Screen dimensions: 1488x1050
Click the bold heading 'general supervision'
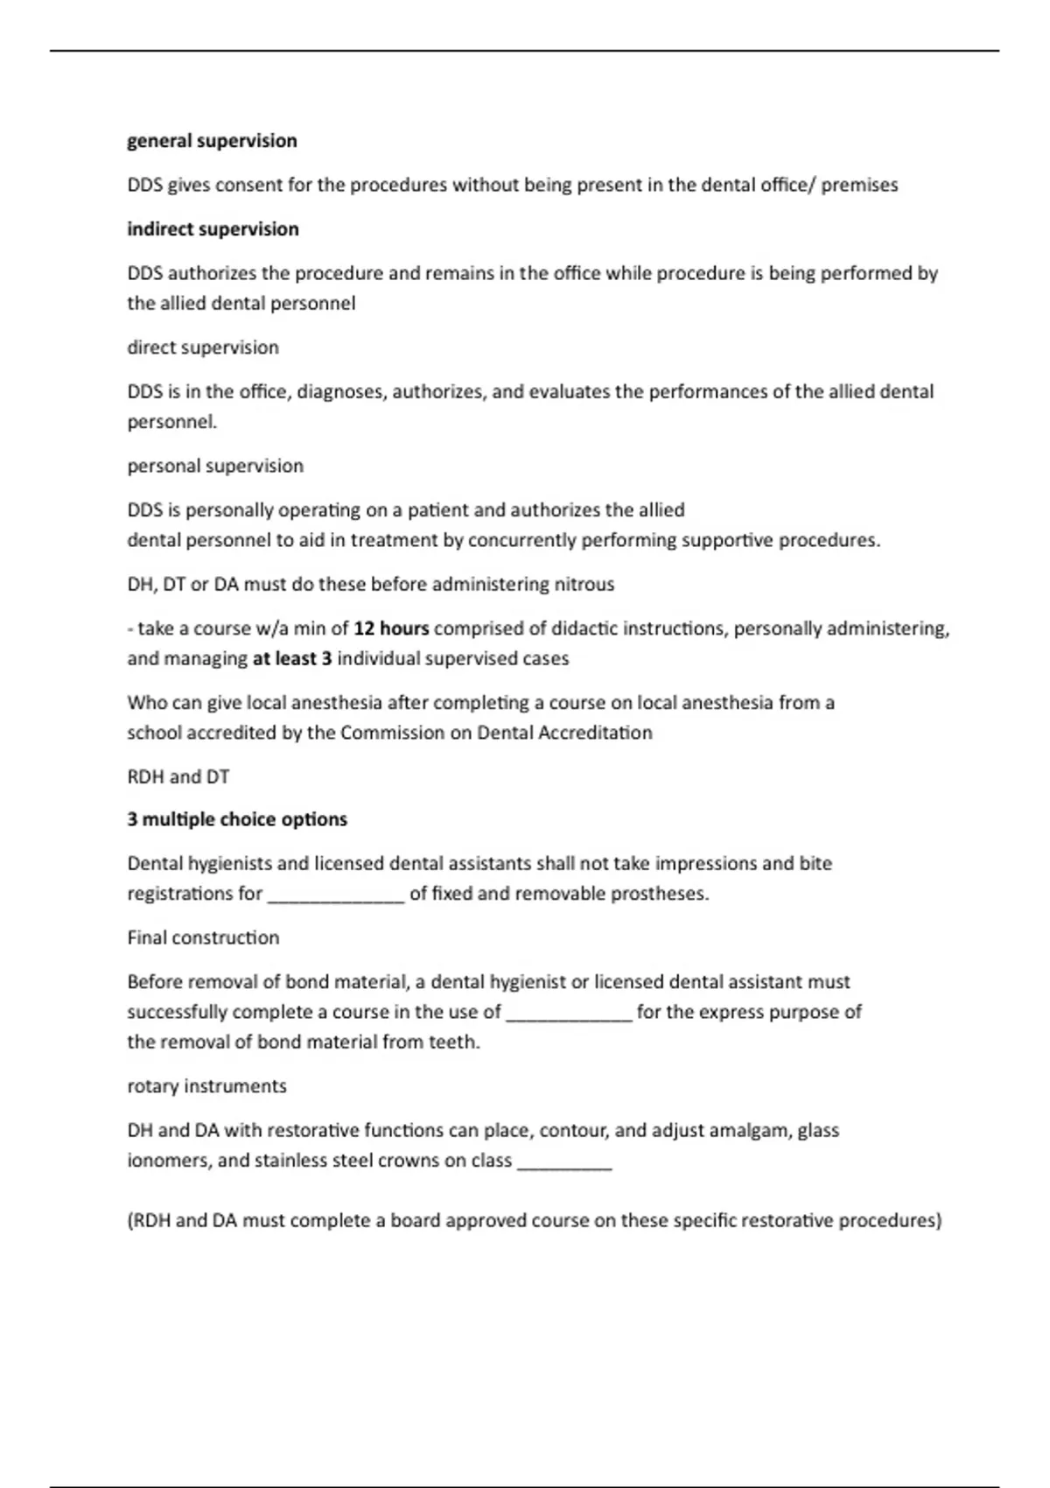pos(212,141)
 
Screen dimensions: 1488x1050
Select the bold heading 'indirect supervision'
pos(213,229)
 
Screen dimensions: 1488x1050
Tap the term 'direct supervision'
pos(203,347)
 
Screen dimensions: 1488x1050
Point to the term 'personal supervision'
pos(215,466)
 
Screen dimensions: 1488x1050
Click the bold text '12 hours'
pos(391,628)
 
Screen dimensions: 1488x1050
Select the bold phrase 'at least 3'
pos(292,658)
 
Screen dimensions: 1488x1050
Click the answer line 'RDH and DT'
pos(178,776)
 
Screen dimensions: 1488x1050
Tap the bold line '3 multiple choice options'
pos(237,819)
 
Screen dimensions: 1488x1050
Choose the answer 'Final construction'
pos(203,937)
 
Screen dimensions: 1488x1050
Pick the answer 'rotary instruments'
pos(206,1086)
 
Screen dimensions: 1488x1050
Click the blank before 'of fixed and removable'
pos(336,896)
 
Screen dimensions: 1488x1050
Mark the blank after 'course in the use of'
pos(569,1015)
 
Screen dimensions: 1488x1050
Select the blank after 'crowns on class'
pos(564,1163)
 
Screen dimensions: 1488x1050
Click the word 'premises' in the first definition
pos(859,186)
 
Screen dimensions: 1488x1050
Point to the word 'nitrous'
pos(584,584)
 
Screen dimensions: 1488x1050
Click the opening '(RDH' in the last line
pos(149,1220)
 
